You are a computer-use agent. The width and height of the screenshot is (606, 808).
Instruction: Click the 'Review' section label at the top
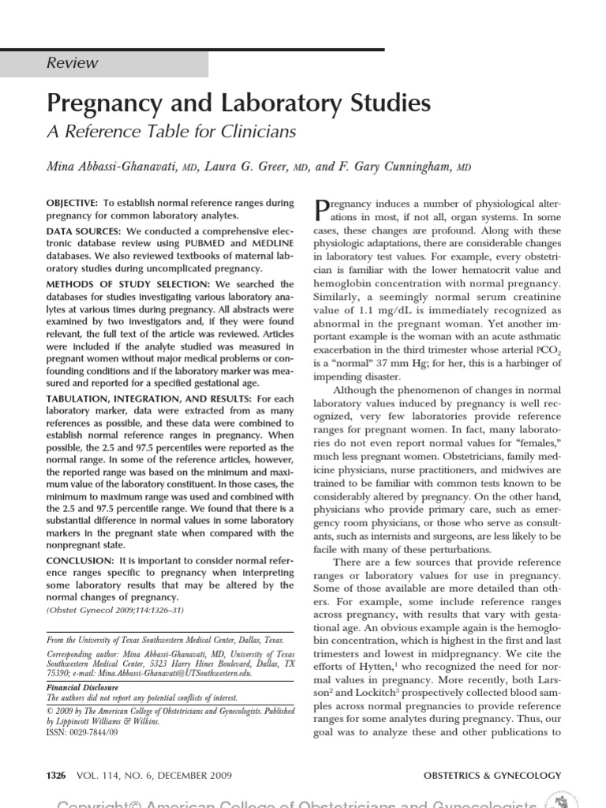73,63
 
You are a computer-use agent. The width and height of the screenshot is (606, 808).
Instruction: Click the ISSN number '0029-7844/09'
99,731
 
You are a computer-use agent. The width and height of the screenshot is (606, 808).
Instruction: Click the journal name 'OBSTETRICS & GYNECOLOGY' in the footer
492,776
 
